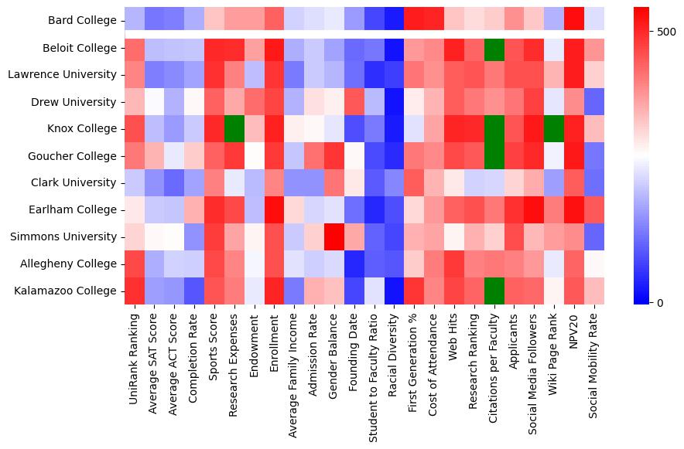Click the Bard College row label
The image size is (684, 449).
pos(80,21)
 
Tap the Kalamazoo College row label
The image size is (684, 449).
pos(70,291)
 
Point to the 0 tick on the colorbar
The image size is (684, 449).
pos(659,302)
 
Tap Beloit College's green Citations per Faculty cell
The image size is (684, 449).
pos(493,48)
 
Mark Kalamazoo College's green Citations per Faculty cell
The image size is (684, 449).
pos(493,291)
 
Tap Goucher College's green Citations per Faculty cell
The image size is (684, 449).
pos(493,156)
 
